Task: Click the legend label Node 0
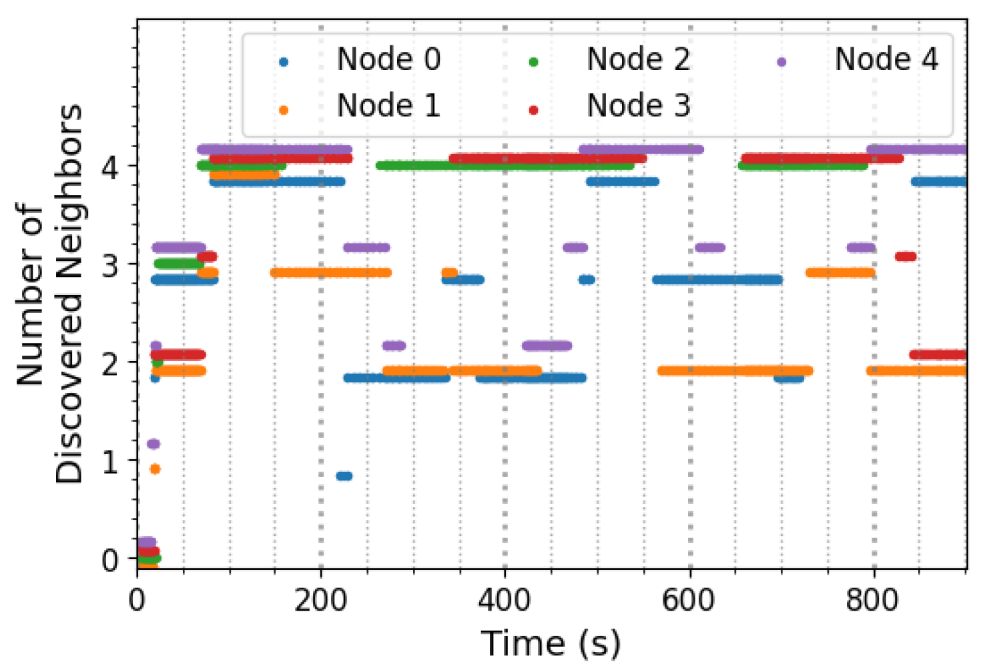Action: coord(388,59)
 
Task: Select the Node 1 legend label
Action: coord(388,105)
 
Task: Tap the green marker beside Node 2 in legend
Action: coord(533,62)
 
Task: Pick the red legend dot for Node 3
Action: coord(533,109)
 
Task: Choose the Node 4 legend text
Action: coord(886,59)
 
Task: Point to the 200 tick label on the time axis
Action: coord(320,601)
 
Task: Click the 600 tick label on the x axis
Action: coord(689,601)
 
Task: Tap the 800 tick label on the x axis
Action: coord(873,601)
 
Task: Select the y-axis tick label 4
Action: coord(110,166)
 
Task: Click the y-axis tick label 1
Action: coord(110,462)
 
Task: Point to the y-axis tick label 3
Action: coord(110,265)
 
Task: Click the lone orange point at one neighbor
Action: coord(155,469)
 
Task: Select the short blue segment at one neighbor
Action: coord(344,476)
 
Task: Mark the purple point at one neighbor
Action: coord(153,444)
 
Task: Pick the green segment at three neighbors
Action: coord(178,264)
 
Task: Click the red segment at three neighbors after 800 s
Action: coord(906,256)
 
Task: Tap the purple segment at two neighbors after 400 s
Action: coord(547,346)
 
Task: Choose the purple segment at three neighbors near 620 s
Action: coord(709,248)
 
